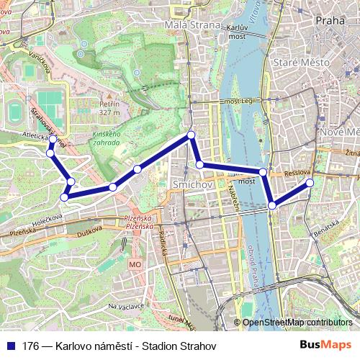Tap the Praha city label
[330, 20]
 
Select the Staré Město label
[301, 63]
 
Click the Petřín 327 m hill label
[109, 108]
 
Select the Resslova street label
[297, 173]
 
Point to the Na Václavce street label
[125, 306]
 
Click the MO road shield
[135, 265]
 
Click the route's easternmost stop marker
[310, 183]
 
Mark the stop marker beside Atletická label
[53, 139]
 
